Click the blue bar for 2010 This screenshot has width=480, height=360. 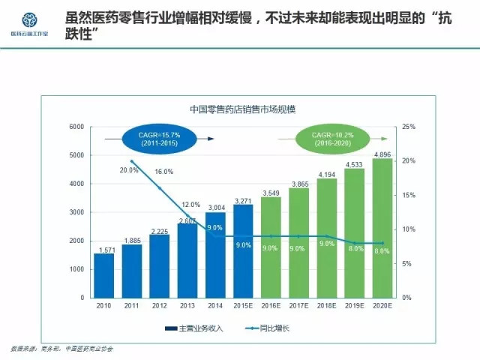[x=104, y=275]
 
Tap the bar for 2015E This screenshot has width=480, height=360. [x=243, y=251]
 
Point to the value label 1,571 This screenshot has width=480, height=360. [x=104, y=249]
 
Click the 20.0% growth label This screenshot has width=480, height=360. [x=129, y=170]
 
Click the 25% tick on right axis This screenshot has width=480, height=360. [x=409, y=127]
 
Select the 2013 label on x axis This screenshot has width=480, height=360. [x=187, y=307]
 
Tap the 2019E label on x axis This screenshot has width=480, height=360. [x=355, y=307]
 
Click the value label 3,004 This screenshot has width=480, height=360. [x=216, y=207]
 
